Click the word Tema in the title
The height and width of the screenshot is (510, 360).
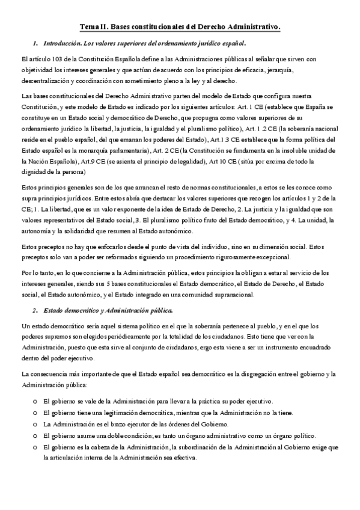[x=89, y=27]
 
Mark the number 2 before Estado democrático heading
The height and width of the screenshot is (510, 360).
[x=35, y=310]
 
